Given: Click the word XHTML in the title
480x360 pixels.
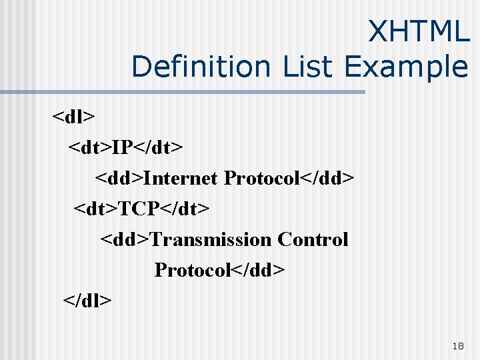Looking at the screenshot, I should click(x=419, y=32).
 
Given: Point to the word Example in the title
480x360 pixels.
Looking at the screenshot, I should click(x=407, y=67).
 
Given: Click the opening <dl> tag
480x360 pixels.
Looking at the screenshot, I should click(x=74, y=117).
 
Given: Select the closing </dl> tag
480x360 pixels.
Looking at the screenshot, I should click(x=87, y=300).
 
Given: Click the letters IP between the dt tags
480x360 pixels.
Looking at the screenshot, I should click(x=122, y=148).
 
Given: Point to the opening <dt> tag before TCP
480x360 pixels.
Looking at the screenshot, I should click(x=95, y=209).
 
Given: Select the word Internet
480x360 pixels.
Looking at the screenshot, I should click(x=181, y=179).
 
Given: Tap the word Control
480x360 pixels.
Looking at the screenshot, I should click(x=313, y=239).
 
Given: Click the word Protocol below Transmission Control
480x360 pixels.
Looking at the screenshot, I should click(x=191, y=270).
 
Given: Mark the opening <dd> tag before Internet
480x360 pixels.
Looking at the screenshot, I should click(x=119, y=179).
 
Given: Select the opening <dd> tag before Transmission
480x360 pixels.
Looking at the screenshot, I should click(x=125, y=239).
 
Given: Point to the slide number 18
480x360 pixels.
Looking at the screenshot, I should click(x=457, y=346).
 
